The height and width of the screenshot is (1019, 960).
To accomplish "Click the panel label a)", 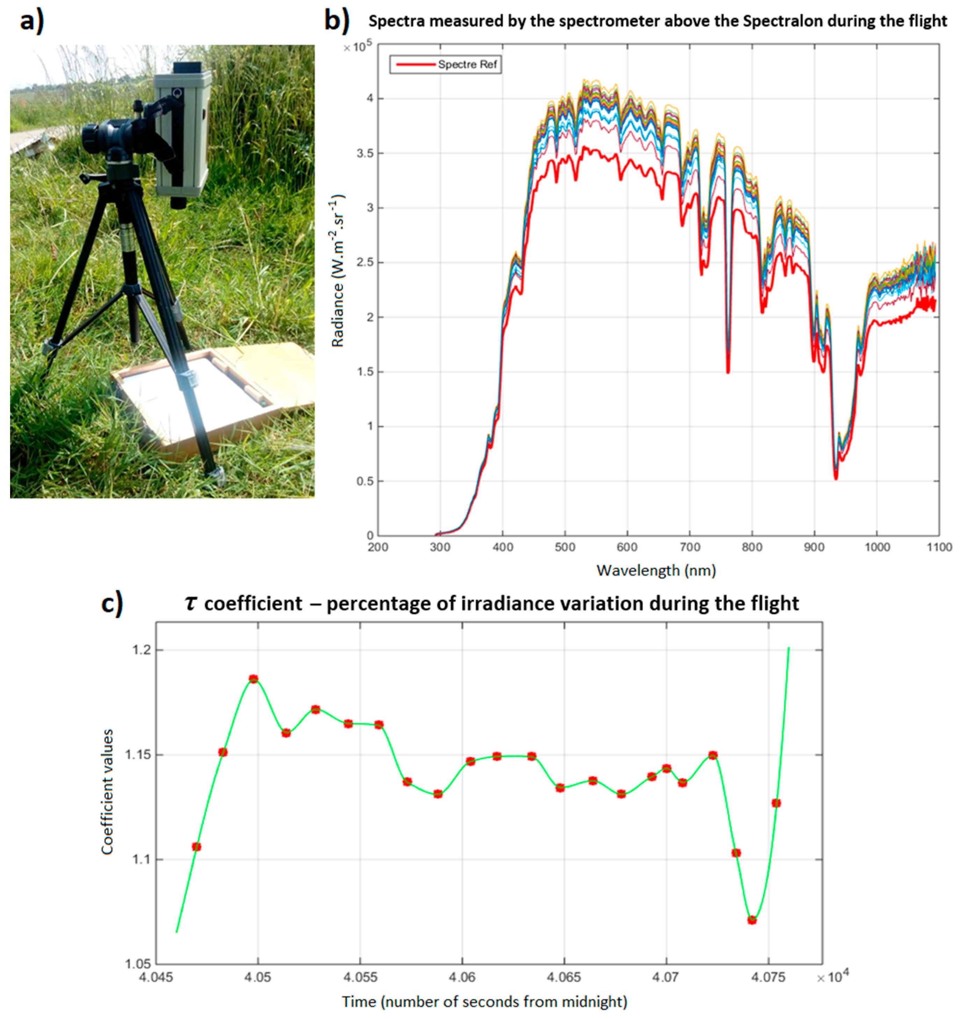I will tap(32, 22).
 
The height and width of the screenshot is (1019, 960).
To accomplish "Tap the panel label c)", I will tap(112, 603).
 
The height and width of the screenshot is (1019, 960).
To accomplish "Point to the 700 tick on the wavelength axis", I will tap(689, 547).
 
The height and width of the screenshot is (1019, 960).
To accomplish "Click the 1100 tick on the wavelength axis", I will tap(938, 547).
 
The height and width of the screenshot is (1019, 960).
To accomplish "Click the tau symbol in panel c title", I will tap(191, 603).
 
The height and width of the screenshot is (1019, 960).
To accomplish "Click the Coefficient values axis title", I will tap(107, 792).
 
